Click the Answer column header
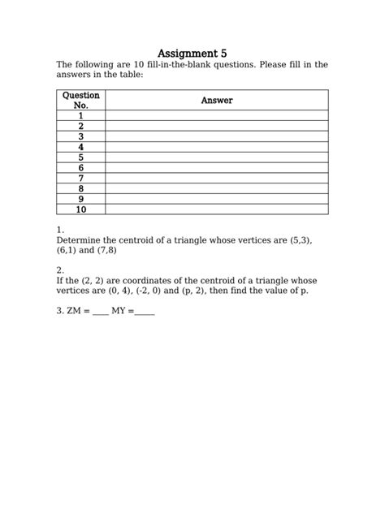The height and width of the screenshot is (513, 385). click(217, 101)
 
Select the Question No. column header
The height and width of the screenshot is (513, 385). click(81, 101)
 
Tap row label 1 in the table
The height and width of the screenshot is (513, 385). click(81, 116)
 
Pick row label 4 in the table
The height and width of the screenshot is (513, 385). click(81, 147)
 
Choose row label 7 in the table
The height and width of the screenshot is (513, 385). click(81, 178)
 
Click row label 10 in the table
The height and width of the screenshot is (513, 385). click(81, 209)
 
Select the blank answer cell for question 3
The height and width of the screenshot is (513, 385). click(217, 136)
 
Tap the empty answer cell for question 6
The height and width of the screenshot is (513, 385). click(217, 167)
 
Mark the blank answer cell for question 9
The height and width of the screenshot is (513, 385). click(217, 198)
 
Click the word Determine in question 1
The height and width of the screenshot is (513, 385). click(79, 241)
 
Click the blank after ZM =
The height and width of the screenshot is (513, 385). click(100, 312)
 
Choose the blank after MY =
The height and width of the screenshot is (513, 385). click(145, 312)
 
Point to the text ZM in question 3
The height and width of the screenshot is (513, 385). click(75, 311)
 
